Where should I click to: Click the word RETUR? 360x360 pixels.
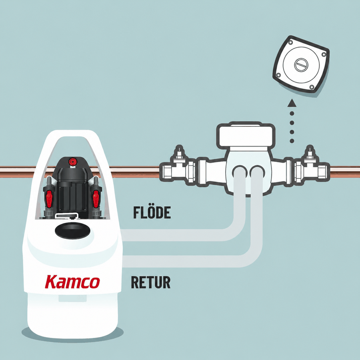tap(151, 282)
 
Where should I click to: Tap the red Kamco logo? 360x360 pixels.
tap(72, 282)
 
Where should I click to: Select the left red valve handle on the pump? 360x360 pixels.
tap(49, 198)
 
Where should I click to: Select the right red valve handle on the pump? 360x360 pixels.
tap(96, 198)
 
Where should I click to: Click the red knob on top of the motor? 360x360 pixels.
tap(72, 162)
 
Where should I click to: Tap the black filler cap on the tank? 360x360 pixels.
tap(72, 231)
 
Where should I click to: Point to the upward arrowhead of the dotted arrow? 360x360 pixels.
tap(292, 103)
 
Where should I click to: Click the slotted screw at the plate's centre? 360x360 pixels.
tap(301, 64)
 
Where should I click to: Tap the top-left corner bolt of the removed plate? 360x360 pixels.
tap(290, 43)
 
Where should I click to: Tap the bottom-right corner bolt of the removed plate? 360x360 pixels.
tap(312, 87)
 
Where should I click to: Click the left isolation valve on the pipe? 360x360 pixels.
tap(178, 166)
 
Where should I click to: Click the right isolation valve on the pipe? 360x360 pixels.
tap(312, 166)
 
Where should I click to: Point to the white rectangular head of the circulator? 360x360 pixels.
tap(246, 136)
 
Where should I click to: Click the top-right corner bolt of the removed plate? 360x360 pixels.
tap(324, 54)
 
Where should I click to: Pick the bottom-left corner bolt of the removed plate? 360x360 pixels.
tap(278, 75)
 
